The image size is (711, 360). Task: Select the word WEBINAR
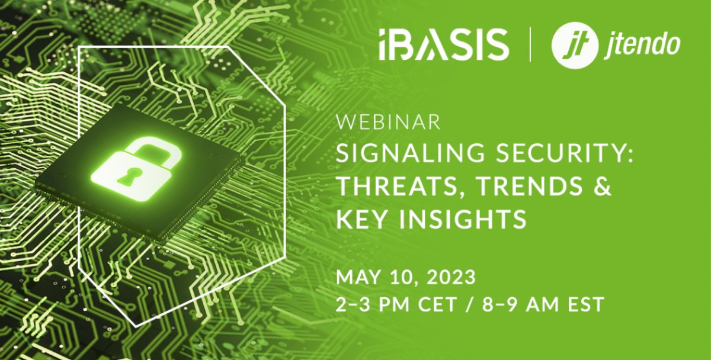(x=388, y=123)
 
